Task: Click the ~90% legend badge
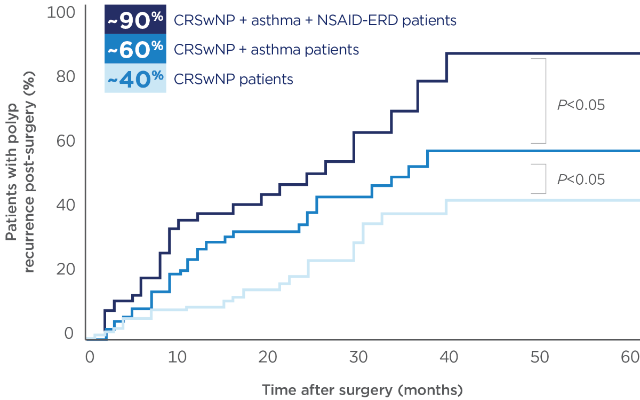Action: click(x=135, y=20)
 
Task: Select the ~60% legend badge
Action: click(x=135, y=50)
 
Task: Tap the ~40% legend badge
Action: click(x=135, y=79)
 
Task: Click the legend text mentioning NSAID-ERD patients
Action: click(x=315, y=20)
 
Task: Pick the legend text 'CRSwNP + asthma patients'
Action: click(x=266, y=50)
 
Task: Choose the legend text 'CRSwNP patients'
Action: click(x=234, y=80)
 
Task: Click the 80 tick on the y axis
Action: click(x=66, y=77)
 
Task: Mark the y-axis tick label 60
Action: click(x=66, y=141)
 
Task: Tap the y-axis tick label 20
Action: click(x=66, y=269)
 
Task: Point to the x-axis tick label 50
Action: click(x=540, y=356)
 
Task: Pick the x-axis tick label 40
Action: click(x=450, y=356)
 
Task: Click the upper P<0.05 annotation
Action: click(x=581, y=105)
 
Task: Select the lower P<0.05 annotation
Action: click(x=581, y=179)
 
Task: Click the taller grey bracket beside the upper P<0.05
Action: click(x=545, y=101)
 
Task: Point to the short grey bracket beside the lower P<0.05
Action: click(x=545, y=179)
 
